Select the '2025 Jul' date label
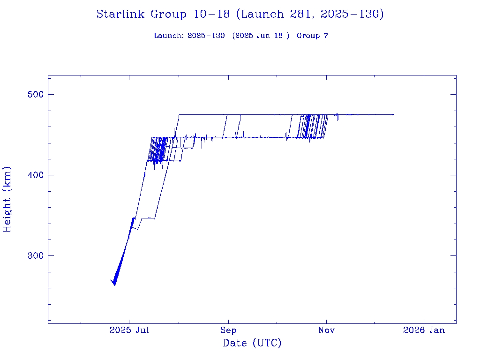click(x=129, y=330)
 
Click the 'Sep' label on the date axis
click(x=228, y=330)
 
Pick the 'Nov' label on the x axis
click(x=326, y=330)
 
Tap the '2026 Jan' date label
click(x=424, y=330)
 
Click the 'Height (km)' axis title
click(x=7, y=199)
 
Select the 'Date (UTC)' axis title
click(x=252, y=344)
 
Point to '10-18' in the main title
click(x=211, y=15)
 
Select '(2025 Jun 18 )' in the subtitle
click(x=261, y=36)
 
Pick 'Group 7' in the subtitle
click(x=312, y=36)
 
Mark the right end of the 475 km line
click(x=394, y=114)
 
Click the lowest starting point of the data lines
click(x=114, y=285)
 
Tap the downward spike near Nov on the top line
click(x=337, y=120)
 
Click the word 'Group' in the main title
click(x=168, y=15)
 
